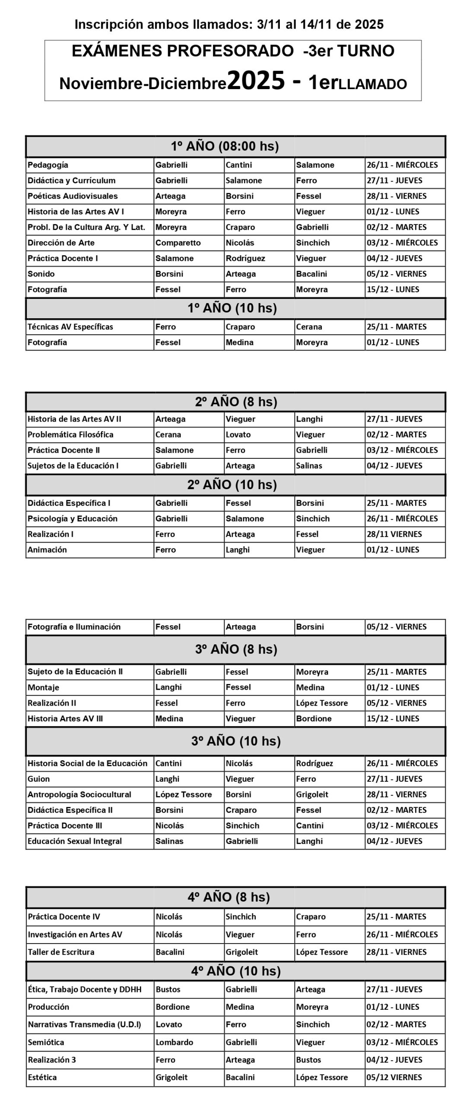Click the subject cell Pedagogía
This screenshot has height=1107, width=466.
[x=48, y=165]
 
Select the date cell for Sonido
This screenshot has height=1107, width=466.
[x=396, y=274]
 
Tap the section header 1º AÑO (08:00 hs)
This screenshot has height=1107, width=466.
[x=225, y=146]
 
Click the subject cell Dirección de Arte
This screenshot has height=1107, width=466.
[x=61, y=243]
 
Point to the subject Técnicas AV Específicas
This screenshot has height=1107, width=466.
[x=70, y=327]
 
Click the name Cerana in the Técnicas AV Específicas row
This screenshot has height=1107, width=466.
[x=309, y=327]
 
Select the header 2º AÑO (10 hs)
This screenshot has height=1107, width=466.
[x=232, y=485]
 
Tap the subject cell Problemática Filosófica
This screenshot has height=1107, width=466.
[x=70, y=435]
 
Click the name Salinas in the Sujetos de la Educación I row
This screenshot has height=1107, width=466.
[x=309, y=466]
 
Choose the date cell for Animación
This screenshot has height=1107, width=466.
[x=393, y=550]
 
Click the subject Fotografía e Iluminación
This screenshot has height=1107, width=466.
[x=74, y=627]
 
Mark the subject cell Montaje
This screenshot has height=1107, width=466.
[x=43, y=687]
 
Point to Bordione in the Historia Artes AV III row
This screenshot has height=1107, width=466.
[x=314, y=718]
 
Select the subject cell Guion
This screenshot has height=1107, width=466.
[x=39, y=779]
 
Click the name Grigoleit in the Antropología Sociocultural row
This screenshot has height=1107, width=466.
[x=312, y=794]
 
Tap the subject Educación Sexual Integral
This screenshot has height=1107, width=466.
[x=75, y=841]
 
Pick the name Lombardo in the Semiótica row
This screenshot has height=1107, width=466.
[x=174, y=1042]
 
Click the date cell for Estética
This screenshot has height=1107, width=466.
[x=394, y=1077]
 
